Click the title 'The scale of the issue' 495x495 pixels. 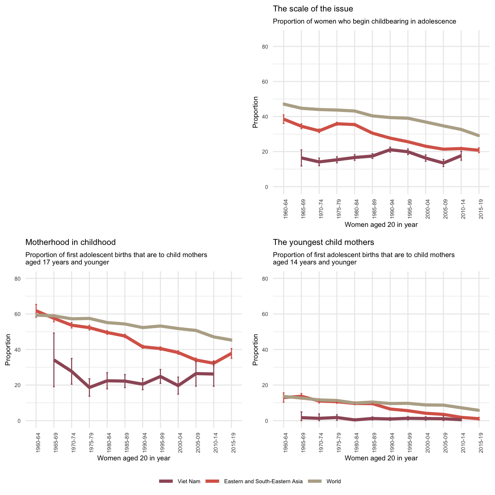(313, 9)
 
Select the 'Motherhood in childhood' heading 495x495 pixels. (70, 242)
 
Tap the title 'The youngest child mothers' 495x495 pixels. (323, 242)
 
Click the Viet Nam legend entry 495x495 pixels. (189, 481)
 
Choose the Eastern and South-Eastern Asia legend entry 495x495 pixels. (263, 481)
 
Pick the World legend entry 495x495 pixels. (333, 481)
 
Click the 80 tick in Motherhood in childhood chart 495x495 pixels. (28, 279)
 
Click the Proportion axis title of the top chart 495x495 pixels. (255, 112)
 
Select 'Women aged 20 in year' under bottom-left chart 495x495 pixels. (133, 458)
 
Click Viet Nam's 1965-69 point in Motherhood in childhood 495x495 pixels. (54, 360)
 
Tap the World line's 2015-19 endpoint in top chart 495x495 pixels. (479, 136)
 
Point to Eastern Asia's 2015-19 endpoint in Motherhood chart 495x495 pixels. (231, 353)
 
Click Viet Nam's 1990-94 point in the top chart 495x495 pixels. (390, 150)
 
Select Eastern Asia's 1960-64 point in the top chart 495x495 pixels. (284, 119)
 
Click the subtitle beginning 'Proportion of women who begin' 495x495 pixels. (364, 21)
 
